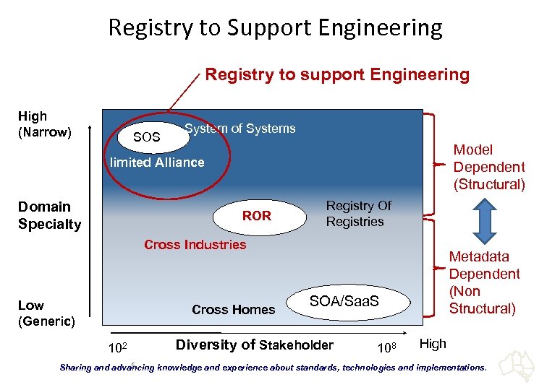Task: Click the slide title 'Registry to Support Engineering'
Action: tap(275, 27)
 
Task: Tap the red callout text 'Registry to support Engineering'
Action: tap(337, 74)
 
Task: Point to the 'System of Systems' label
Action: tap(240, 129)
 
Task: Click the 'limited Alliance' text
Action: tap(157, 162)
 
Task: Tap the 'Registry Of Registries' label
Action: tap(358, 214)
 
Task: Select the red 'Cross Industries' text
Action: tap(195, 245)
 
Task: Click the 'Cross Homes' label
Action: tap(233, 310)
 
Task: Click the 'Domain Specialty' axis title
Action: tap(49, 215)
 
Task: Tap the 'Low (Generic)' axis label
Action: tap(46, 313)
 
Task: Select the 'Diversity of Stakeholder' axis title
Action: tap(255, 345)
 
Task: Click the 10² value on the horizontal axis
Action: tap(118, 349)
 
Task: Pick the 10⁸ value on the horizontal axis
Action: tap(388, 349)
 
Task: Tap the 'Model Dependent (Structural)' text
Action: tap(488, 167)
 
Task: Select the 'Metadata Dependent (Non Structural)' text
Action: tap(484, 282)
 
